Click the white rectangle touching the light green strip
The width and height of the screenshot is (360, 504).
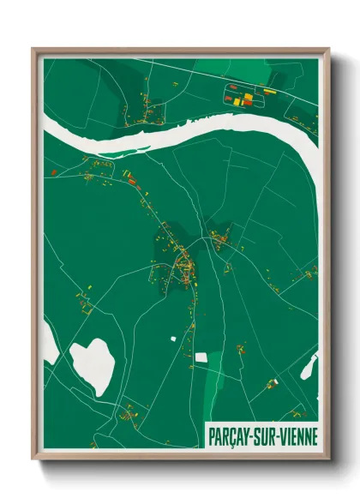pos(201,357)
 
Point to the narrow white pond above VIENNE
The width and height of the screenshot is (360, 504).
pos(309,367)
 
